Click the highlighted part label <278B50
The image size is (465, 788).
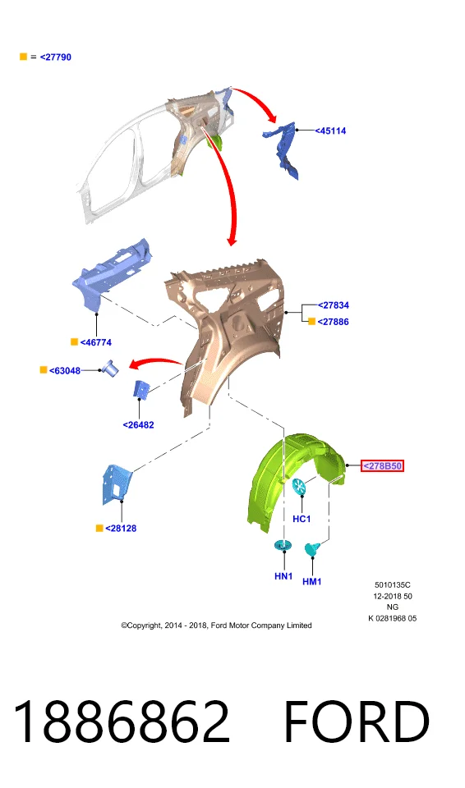pos(383,466)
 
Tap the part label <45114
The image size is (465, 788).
pos(330,131)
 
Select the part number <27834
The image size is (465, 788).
pos(334,305)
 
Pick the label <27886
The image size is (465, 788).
pos(334,322)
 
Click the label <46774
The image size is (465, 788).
pos(96,342)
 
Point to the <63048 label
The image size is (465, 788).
pos(65,371)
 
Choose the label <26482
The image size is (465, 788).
pos(138,424)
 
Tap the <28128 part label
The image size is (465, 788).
pos(121,528)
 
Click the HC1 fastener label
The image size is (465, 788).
pos(302,519)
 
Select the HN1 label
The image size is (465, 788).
pos(283,576)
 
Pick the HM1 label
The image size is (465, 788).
pos(312,581)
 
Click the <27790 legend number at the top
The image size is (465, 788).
pos(55,57)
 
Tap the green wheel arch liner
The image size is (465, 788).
pos(287,483)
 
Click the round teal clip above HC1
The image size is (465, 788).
pos(299,486)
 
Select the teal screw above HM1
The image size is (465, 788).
pos(312,549)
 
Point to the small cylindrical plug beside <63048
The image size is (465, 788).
pos(111,369)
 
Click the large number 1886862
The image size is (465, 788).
pos(122,722)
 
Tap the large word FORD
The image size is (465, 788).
pos(357,722)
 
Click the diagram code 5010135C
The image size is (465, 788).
pos(393,585)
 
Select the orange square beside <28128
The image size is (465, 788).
pos(99,528)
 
